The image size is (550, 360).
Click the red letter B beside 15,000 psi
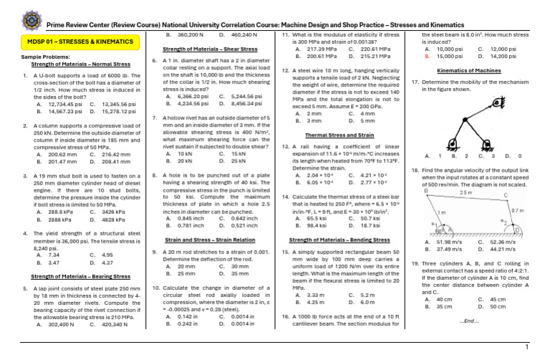pos(428,56)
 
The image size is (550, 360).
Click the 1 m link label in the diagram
pos(442,213)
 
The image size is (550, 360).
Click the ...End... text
pos(471,321)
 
